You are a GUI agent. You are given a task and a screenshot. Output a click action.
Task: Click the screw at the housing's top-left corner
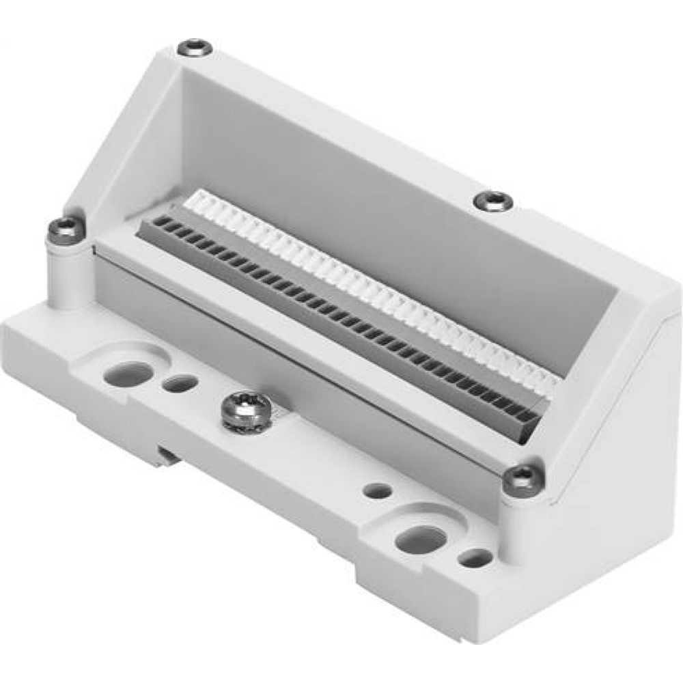(194, 48)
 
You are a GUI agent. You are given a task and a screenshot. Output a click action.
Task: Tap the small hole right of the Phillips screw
(378, 490)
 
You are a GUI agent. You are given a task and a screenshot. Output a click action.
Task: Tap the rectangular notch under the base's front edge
(167, 454)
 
